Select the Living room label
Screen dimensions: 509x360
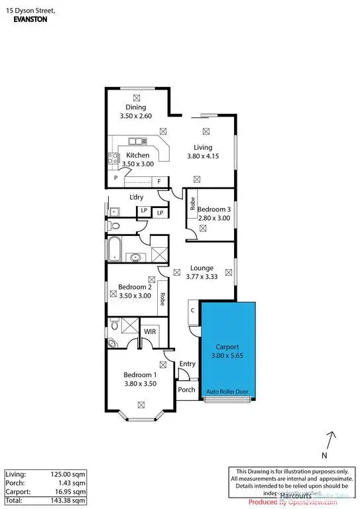point(203,147)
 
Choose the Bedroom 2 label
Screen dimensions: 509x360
point(135,287)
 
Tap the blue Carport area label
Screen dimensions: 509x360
point(227,346)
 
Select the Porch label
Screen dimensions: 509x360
point(187,390)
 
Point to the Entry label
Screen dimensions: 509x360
point(188,363)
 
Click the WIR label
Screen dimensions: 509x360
point(150,329)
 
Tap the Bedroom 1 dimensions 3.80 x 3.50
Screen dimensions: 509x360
point(140,382)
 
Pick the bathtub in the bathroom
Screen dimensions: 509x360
point(114,250)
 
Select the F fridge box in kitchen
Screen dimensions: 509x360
point(160,182)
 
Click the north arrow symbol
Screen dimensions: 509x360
point(331,440)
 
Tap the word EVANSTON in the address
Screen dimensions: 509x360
point(31,20)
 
